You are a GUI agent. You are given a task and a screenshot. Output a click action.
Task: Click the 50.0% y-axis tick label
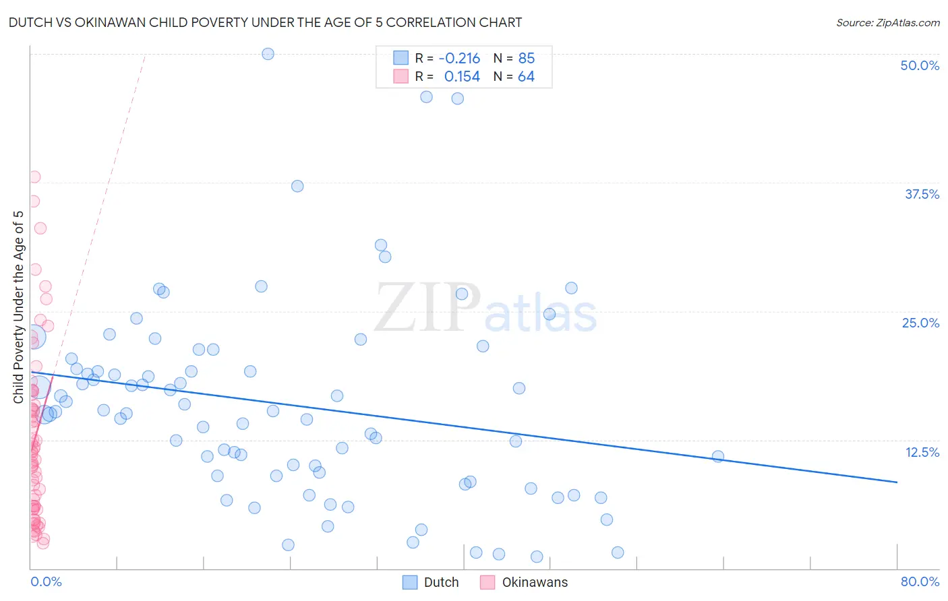(x=919, y=65)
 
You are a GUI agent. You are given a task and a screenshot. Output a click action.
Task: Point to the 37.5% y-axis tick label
(x=921, y=194)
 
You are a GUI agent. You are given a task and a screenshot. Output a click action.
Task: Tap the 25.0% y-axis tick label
(x=920, y=323)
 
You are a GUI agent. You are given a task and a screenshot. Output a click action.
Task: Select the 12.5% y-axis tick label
(x=921, y=452)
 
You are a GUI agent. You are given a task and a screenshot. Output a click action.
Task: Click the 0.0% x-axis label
(x=46, y=581)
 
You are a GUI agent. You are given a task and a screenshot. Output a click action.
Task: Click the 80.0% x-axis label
(x=919, y=581)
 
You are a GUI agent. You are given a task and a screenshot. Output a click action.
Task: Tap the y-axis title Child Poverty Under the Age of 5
(x=18, y=307)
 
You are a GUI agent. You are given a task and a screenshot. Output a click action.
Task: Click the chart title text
(x=265, y=22)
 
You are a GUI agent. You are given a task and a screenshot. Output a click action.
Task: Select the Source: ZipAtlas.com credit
(x=887, y=22)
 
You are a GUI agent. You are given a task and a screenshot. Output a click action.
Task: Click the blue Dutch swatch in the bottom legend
(x=410, y=582)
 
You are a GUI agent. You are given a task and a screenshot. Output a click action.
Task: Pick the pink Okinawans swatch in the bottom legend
(x=487, y=582)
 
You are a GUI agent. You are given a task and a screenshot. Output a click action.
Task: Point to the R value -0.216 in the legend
(x=459, y=59)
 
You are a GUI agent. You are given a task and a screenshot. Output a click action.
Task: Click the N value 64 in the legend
(x=526, y=77)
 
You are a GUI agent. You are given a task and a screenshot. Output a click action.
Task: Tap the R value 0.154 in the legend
(x=462, y=77)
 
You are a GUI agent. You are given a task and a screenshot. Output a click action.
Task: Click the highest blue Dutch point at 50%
(x=268, y=54)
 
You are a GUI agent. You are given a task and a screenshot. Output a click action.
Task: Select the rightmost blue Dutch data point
(x=718, y=456)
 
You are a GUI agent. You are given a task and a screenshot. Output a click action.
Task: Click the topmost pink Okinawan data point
(x=34, y=177)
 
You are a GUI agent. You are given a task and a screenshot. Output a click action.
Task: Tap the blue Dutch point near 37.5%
(x=297, y=186)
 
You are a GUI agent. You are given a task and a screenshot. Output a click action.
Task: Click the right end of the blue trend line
(x=897, y=482)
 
